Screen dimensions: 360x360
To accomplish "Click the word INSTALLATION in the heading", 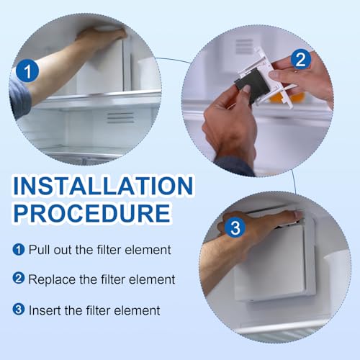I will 103,186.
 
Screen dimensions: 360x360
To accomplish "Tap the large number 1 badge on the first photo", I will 26,71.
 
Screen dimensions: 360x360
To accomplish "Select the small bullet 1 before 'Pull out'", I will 18,251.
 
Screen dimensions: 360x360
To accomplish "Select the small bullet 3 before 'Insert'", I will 18,310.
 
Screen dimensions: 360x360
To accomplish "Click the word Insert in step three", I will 44,310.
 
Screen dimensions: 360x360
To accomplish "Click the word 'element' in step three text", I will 138,310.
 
